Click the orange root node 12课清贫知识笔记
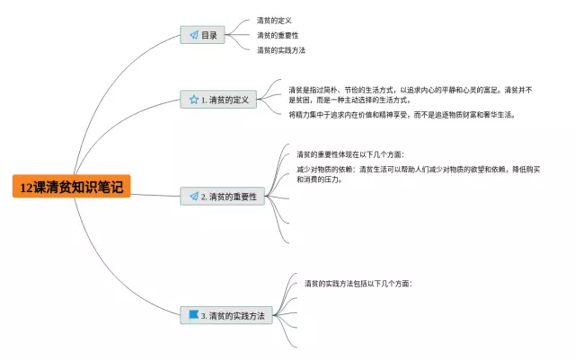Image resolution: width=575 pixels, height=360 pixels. point(73,187)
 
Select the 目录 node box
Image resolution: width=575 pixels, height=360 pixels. point(203,35)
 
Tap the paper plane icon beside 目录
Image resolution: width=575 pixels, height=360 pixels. point(193,35)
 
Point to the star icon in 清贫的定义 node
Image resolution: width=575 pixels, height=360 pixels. point(193,100)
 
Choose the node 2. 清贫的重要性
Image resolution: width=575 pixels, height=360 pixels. point(223,196)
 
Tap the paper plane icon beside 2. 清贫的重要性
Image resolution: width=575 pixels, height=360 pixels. point(193,196)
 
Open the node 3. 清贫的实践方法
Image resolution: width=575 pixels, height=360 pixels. point(227,315)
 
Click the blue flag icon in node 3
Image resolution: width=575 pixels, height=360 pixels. point(193,315)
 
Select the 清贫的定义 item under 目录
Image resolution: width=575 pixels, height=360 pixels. point(274,20)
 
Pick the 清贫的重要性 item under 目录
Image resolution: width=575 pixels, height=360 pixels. point(277,35)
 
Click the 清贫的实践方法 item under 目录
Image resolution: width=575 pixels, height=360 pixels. point(280,49)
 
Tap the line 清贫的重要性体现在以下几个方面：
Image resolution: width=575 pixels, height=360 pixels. point(350,154)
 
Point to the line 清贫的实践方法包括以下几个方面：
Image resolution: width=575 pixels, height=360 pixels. point(358,283)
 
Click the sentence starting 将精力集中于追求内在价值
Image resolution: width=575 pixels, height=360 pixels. point(401,115)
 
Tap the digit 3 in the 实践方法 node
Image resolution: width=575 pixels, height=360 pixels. point(204,316)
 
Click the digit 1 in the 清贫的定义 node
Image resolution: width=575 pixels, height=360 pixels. point(204,101)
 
